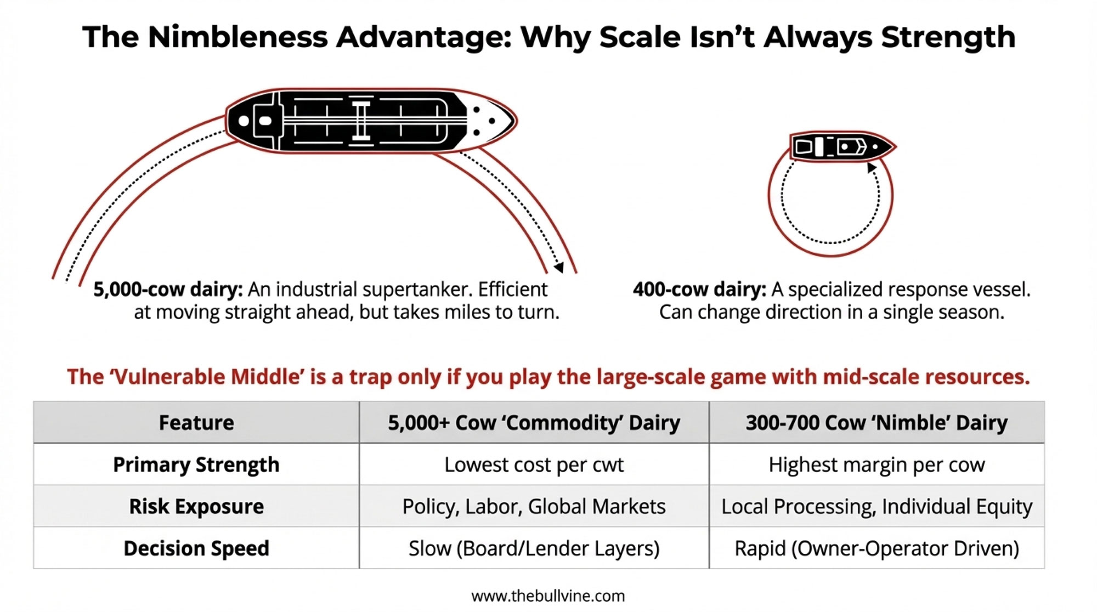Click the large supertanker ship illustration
point(371,121)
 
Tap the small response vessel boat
point(842,146)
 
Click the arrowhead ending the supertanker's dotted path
point(558,267)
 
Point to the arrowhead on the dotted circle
point(872,167)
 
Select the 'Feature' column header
point(196,423)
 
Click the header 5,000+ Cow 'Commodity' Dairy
point(534,423)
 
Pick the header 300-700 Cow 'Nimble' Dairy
point(877,423)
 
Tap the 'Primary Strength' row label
point(196,465)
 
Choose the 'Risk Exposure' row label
point(196,506)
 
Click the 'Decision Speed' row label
point(196,548)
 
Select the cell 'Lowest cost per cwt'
point(534,465)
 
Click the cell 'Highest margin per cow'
point(877,465)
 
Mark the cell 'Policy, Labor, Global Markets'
point(534,507)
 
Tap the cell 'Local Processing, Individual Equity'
point(877,507)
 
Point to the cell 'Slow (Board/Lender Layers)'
point(534,548)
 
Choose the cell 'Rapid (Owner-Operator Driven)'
point(877,548)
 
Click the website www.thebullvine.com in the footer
point(548,596)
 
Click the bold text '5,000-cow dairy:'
point(168,289)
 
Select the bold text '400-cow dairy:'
point(699,289)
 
